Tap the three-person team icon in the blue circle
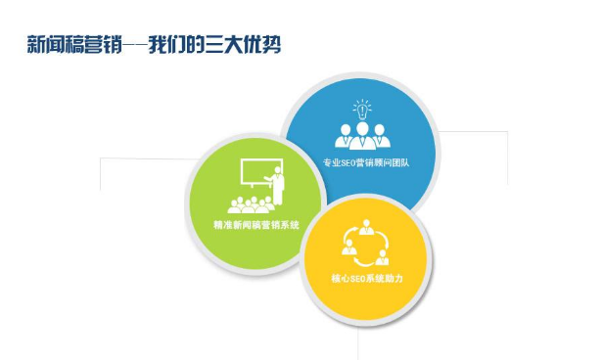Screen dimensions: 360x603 point(363,133)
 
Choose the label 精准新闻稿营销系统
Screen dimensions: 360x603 point(255,225)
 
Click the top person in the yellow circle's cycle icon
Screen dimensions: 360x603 point(366,231)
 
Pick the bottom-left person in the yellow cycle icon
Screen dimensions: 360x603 point(348,258)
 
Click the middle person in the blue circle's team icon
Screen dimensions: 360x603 point(363,130)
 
